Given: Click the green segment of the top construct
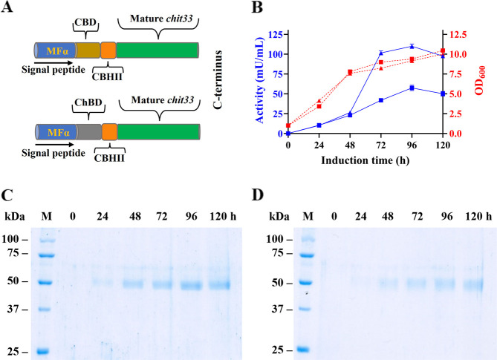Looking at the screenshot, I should [158, 50].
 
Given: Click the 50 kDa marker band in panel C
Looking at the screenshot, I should [44, 282].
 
